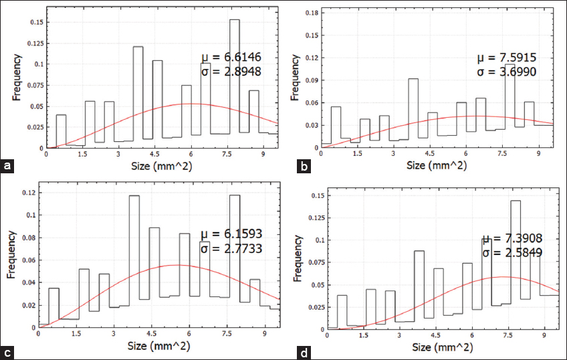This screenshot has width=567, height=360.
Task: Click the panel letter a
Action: [x=7, y=165]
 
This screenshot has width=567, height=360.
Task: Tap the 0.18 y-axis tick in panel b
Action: [x=309, y=13]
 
